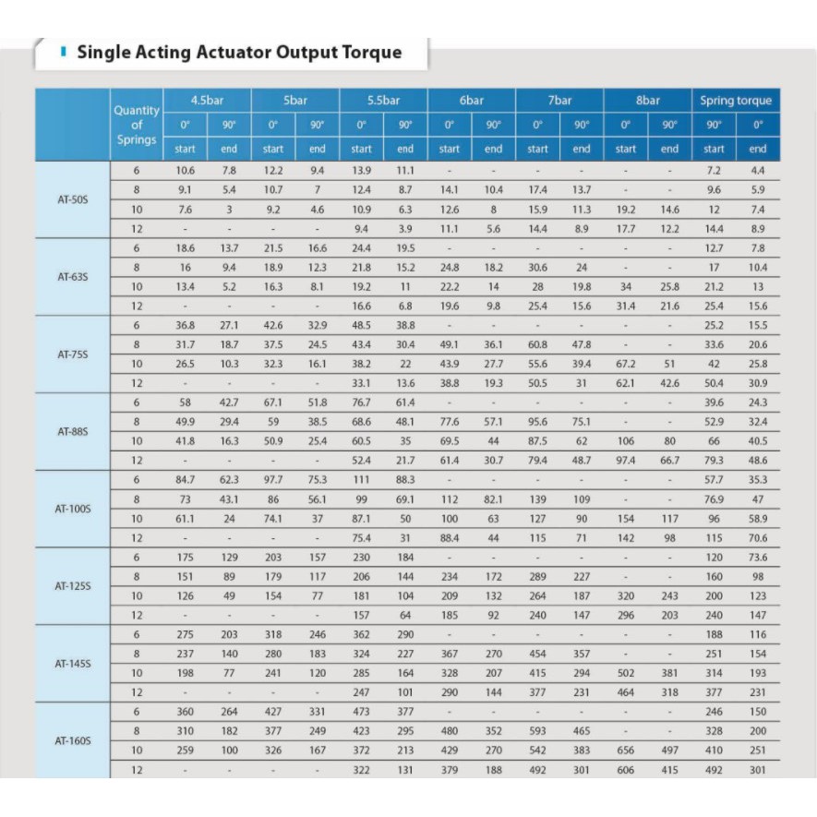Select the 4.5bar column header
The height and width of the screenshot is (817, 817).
(x=207, y=101)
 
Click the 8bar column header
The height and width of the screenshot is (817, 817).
(x=647, y=101)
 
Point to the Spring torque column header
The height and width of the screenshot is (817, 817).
(x=735, y=101)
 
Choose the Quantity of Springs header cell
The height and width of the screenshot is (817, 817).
(x=137, y=125)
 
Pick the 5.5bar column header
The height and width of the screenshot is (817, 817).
(x=383, y=101)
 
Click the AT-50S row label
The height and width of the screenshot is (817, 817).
(x=72, y=199)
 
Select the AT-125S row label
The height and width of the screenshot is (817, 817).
(x=72, y=586)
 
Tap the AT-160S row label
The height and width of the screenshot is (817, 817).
(x=72, y=741)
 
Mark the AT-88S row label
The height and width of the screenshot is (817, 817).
(x=72, y=431)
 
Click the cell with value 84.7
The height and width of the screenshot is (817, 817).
(x=185, y=480)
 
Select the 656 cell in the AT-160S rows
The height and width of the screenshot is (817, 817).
(x=625, y=751)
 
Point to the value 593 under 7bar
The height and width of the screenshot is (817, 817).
(x=537, y=732)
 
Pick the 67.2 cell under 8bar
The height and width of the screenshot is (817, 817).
(x=625, y=364)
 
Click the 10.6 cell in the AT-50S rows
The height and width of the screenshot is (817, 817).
(x=185, y=171)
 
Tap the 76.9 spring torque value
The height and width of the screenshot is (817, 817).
(x=714, y=499)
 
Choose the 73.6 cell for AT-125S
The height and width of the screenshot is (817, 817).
(x=758, y=558)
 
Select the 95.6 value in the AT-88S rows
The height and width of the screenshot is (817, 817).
(x=537, y=422)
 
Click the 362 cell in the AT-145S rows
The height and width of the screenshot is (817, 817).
(x=361, y=635)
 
